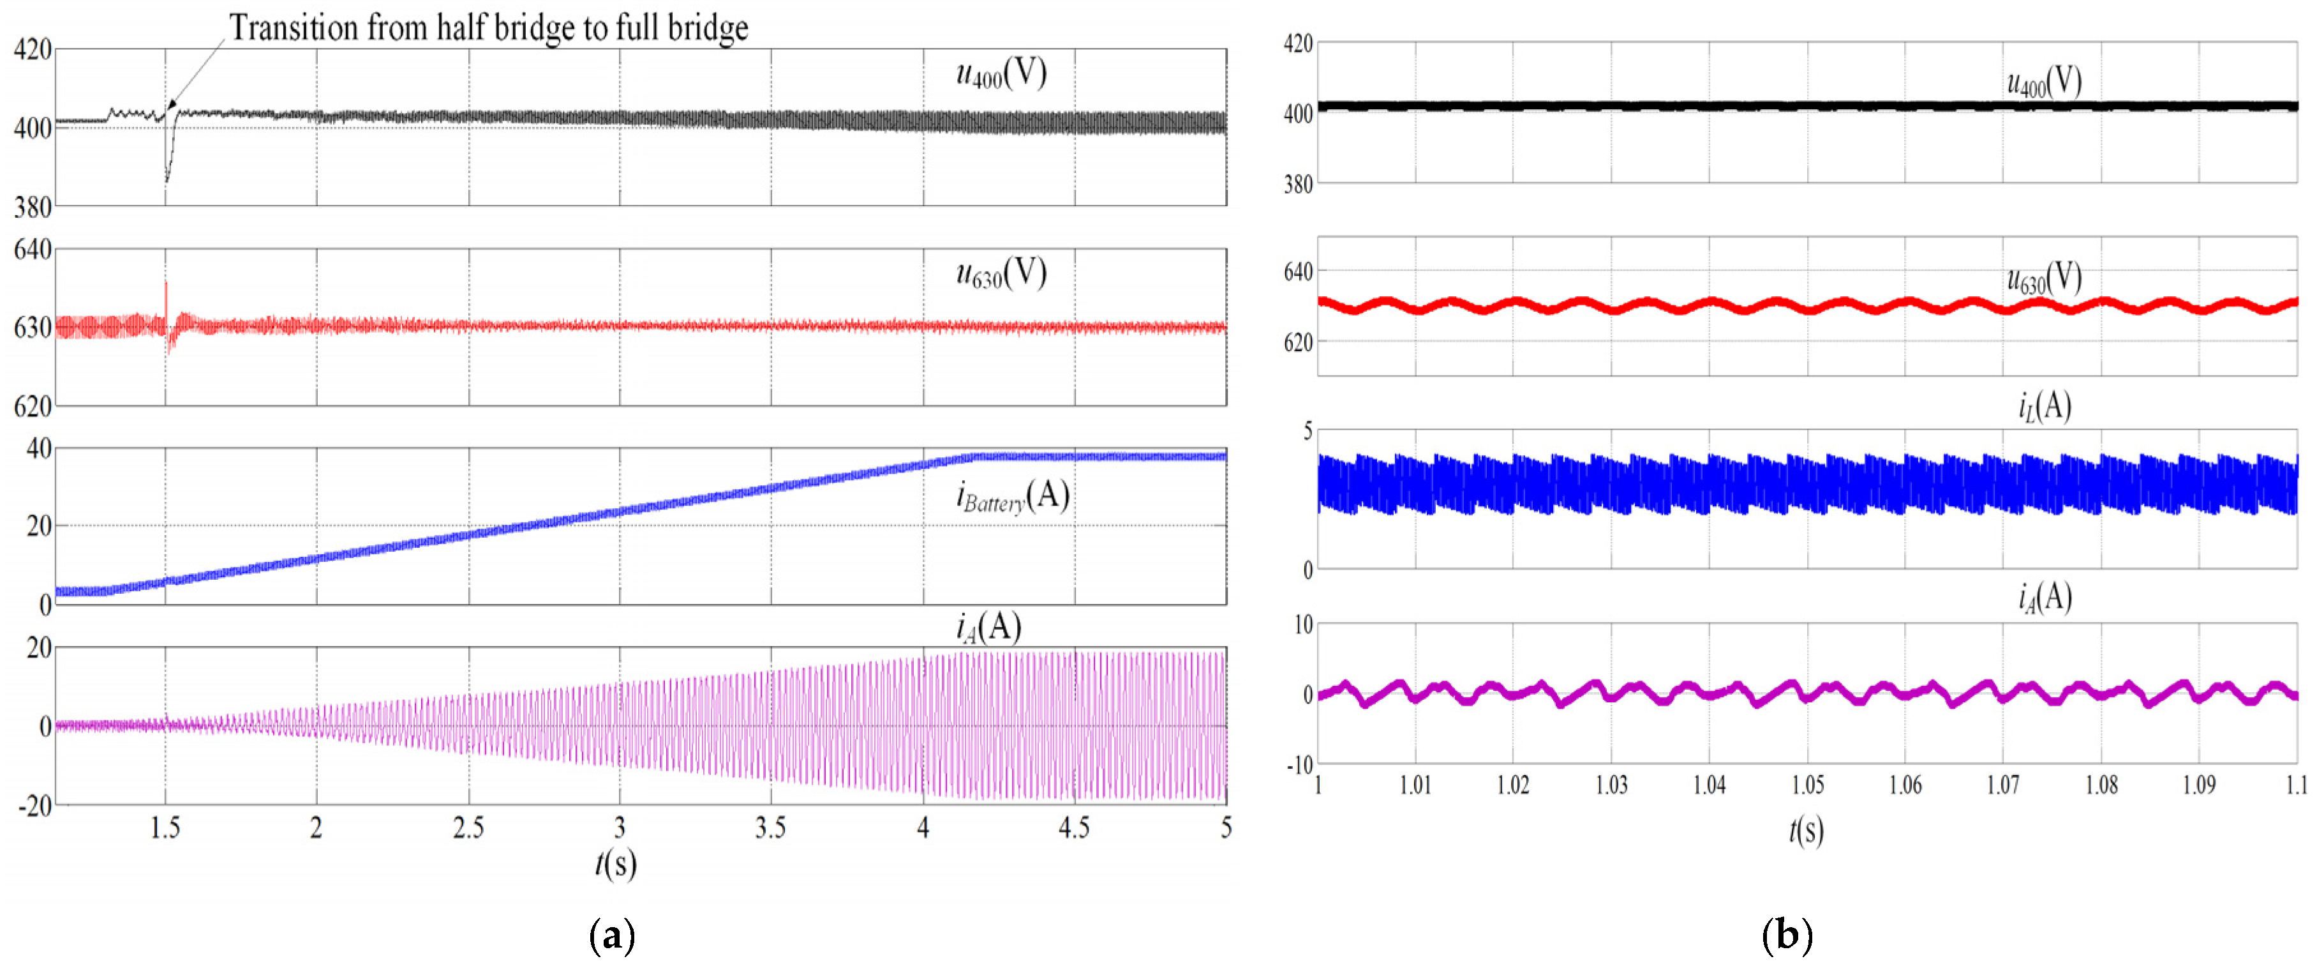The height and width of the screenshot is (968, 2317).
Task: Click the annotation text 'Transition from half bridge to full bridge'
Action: click(x=488, y=28)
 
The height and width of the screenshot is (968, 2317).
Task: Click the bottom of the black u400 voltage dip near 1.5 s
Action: click(x=167, y=181)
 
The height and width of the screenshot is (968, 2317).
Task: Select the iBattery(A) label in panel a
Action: click(x=1012, y=495)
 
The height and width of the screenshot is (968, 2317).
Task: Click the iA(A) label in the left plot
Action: click(x=988, y=626)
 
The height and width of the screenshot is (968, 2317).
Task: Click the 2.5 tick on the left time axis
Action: click(x=468, y=828)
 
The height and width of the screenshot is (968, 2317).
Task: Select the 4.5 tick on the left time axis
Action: click(x=1074, y=828)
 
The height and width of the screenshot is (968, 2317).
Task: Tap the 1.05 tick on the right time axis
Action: click(x=1807, y=785)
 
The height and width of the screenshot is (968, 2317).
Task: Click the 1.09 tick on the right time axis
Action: click(x=2199, y=785)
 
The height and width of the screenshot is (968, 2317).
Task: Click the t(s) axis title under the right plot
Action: click(x=1806, y=829)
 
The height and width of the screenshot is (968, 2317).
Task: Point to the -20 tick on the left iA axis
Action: click(x=34, y=806)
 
